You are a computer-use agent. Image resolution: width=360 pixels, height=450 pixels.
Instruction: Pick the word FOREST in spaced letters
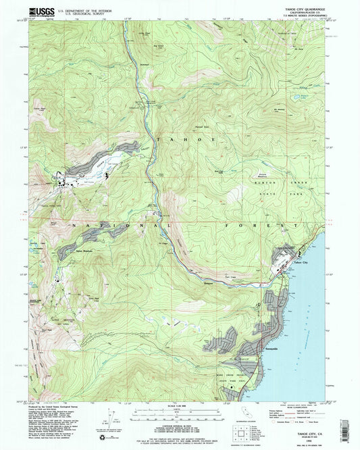point(270,224)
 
